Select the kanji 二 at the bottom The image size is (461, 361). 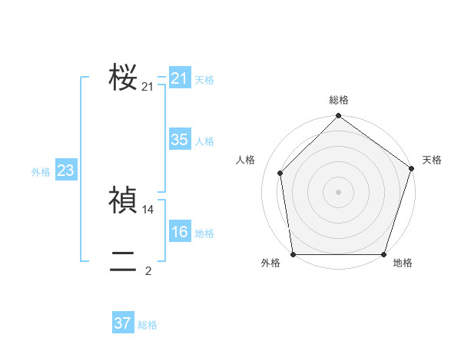pos(123,262)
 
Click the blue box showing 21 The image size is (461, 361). pos(179,78)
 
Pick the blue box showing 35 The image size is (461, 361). pos(179,140)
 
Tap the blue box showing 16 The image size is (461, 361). pos(179,232)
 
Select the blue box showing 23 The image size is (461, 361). pos(65,171)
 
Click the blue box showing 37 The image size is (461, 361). pos(122,323)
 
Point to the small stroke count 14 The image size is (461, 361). pos(148,209)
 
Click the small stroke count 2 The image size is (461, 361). pos(148,270)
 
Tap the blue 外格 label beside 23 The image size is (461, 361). pos(41,172)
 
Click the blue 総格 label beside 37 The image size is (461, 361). pos(148,325)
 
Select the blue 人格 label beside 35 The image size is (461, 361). pos(204,141)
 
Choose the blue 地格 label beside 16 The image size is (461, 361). pos(204,233)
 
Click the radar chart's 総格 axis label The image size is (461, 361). pos(339,101)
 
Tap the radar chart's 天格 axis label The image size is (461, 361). pos(432,160)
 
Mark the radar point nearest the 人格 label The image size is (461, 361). pos(280,173)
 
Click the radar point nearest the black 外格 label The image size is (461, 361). pos(293,254)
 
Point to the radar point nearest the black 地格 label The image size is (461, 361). pos(383,254)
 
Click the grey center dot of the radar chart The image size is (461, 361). pos(338,191)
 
